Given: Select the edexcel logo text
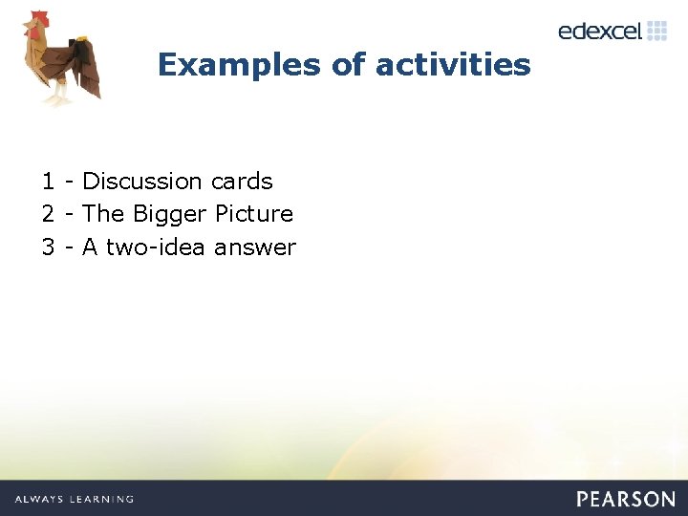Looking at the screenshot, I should click(x=599, y=31).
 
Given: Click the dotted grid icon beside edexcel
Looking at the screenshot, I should click(x=656, y=30).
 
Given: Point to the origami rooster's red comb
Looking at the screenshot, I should click(x=37, y=20).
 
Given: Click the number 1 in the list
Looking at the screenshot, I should click(x=48, y=182).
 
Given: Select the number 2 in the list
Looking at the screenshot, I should click(x=48, y=214).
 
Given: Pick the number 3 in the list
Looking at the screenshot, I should click(x=48, y=247).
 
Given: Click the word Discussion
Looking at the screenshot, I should click(x=142, y=182).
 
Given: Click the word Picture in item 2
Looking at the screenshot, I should click(x=254, y=214).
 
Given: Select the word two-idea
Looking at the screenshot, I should click(x=156, y=247).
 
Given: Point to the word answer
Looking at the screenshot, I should click(x=255, y=248).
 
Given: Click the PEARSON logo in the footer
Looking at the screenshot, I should click(x=625, y=499).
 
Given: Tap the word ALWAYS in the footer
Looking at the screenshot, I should click(x=39, y=499).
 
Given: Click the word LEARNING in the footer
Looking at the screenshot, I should click(x=100, y=499).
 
